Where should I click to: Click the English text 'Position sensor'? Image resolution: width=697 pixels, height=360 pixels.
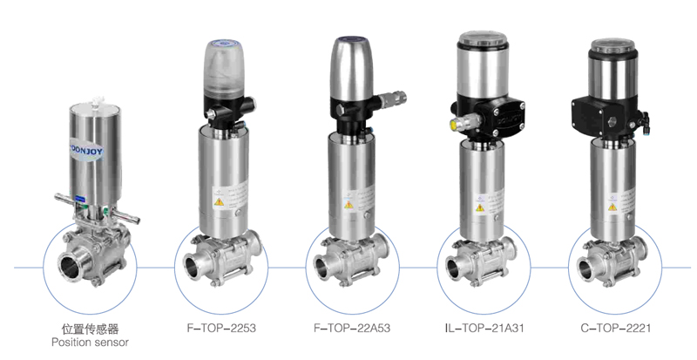pyautogui.click(x=90, y=343)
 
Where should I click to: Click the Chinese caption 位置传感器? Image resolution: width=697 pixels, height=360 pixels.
pyautogui.click(x=90, y=329)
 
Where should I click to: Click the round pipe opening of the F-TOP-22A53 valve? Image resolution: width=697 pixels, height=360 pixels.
pyautogui.click(x=328, y=263)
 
